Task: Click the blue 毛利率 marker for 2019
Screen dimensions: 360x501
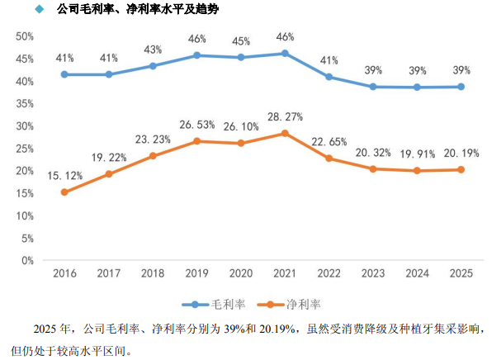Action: pyautogui.click(x=196, y=55)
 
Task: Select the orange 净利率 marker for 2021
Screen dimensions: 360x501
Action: pyautogui.click(x=285, y=133)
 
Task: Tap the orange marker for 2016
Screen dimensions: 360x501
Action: pyautogui.click(x=65, y=192)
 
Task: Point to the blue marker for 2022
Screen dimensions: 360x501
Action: pyautogui.click(x=329, y=77)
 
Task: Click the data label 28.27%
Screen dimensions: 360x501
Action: pyautogui.click(x=285, y=117)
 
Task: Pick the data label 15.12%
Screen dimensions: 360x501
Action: pyautogui.click(x=65, y=176)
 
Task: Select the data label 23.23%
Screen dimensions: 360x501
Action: pyautogui.click(x=153, y=140)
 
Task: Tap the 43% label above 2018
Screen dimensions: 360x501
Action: pyautogui.click(x=153, y=50)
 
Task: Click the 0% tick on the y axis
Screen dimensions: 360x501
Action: pyautogui.click(x=26, y=260)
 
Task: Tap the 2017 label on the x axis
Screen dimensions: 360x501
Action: pyautogui.click(x=109, y=272)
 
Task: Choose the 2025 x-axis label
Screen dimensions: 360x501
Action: pyautogui.click(x=461, y=272)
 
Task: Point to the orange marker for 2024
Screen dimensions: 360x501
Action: pyautogui.click(x=417, y=171)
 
